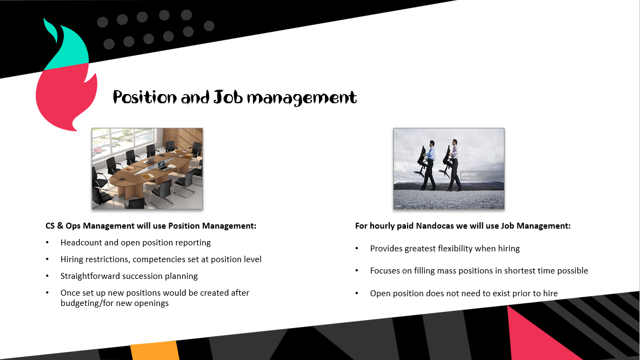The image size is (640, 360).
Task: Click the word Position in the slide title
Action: click(x=144, y=97)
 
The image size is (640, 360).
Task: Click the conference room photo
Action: click(x=148, y=169)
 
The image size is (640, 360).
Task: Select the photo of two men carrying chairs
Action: click(x=449, y=169)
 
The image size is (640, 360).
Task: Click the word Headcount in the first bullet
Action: click(x=81, y=243)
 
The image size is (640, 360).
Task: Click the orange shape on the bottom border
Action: click(x=155, y=351)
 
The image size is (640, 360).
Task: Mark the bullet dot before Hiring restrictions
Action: click(x=48, y=259)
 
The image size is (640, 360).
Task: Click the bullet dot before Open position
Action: click(x=357, y=294)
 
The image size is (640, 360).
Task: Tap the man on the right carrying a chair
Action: click(x=454, y=165)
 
